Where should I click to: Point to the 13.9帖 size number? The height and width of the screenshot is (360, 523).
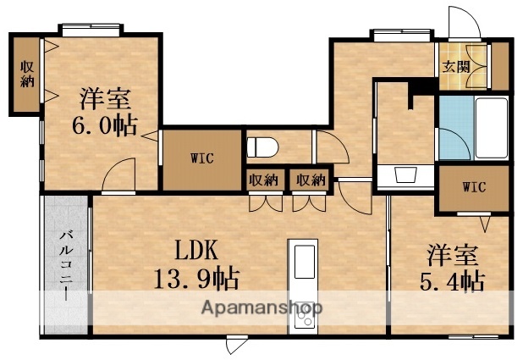[x=196, y=278]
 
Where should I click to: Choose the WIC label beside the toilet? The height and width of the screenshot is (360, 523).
[x=201, y=158]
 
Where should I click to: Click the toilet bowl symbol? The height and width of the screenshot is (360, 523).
[x=262, y=147]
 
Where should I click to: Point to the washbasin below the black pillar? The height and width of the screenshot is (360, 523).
[x=405, y=176]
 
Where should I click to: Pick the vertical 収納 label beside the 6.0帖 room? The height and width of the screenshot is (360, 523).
[x=27, y=75]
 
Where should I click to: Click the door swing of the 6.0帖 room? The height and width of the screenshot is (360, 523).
[x=118, y=179]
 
